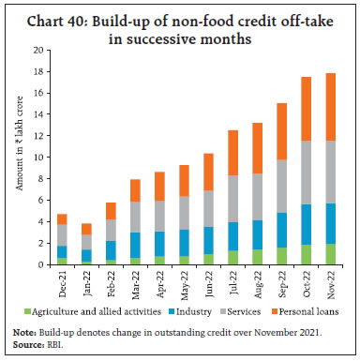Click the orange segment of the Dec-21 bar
point(63,219)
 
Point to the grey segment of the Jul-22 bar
point(232,199)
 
